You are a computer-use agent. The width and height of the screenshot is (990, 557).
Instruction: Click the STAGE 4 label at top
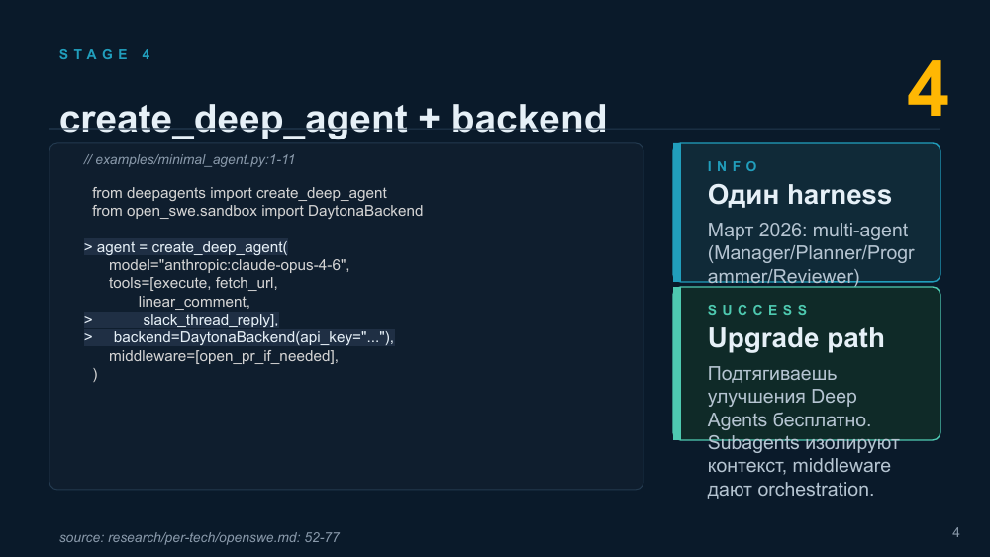pyautogui.click(x=106, y=54)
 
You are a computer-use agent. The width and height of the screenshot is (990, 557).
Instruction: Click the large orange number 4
pyautogui.click(x=928, y=90)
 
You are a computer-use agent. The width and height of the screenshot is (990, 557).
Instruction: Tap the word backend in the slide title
pyautogui.click(x=529, y=118)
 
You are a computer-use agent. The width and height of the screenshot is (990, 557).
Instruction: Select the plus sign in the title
pyautogui.click(x=429, y=118)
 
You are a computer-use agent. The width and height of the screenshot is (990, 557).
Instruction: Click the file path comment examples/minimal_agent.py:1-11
pyautogui.click(x=189, y=159)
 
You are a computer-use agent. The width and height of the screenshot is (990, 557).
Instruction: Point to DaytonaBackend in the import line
pyautogui.click(x=365, y=211)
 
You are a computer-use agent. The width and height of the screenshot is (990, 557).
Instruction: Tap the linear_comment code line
pyautogui.click(x=194, y=302)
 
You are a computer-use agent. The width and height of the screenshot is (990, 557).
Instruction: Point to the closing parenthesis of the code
pyautogui.click(x=95, y=374)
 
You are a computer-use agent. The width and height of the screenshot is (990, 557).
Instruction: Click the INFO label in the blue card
pyautogui.click(x=733, y=166)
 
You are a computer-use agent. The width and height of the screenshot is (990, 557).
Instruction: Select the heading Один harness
pyautogui.click(x=799, y=195)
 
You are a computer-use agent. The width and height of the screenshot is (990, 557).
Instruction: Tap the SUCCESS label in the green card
pyautogui.click(x=757, y=310)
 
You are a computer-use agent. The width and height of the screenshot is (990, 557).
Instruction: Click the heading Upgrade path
pyautogui.click(x=796, y=338)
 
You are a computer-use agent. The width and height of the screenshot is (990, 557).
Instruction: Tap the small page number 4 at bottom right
pyautogui.click(x=956, y=533)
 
